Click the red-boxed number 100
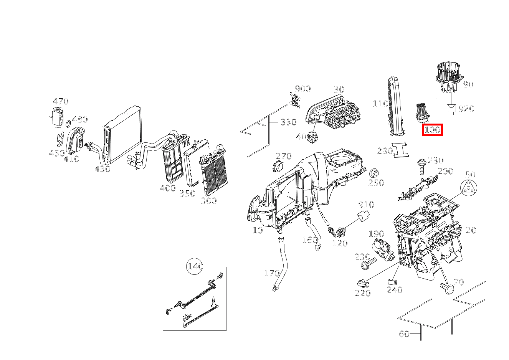pyautogui.click(x=432, y=130)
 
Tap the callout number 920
pyautogui.click(x=466, y=109)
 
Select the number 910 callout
pyautogui.click(x=366, y=204)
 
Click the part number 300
pyautogui.click(x=209, y=201)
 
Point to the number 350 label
pyautogui.click(x=187, y=193)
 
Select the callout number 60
pyautogui.click(x=404, y=334)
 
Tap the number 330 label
pyautogui.click(x=288, y=122)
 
